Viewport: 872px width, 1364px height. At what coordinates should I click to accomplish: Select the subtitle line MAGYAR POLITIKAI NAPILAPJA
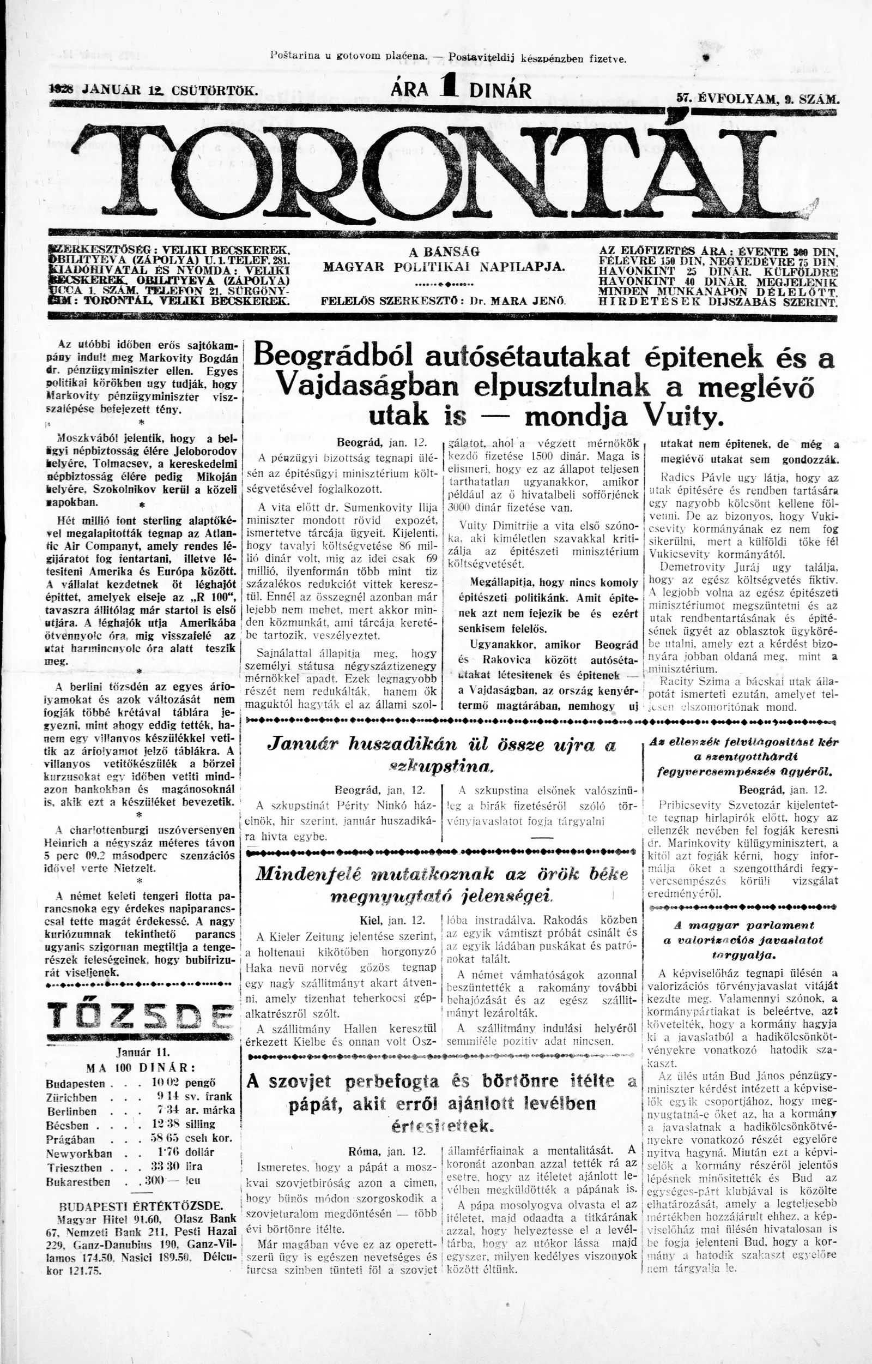coord(444,266)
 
